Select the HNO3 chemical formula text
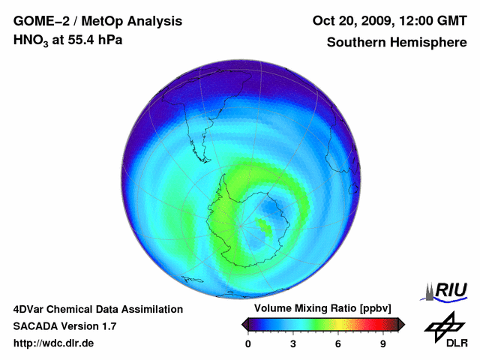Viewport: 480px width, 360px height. coord(33,40)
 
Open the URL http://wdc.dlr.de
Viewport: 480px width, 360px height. coord(54,343)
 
